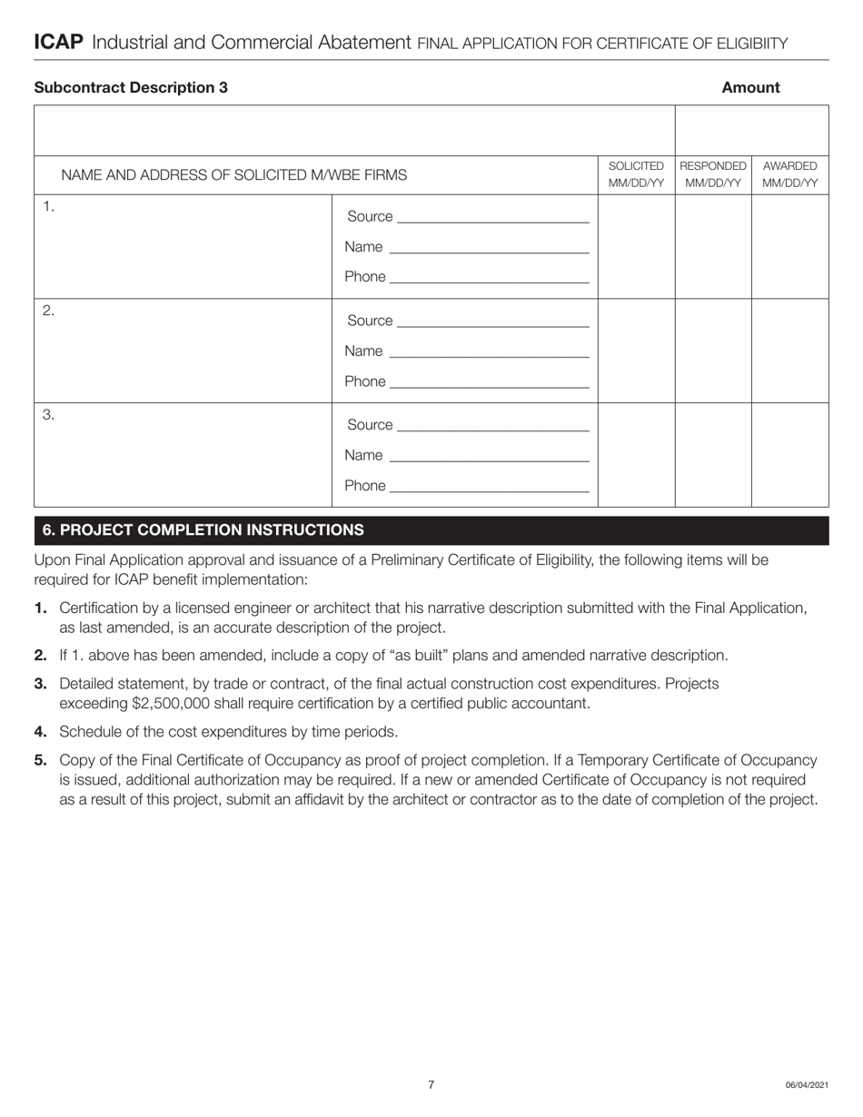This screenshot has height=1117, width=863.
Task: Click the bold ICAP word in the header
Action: pos(58,43)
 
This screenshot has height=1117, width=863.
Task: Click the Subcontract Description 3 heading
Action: pos(131,88)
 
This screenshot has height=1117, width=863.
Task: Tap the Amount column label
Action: pos(750,88)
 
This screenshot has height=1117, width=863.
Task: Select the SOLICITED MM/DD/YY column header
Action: pos(636,174)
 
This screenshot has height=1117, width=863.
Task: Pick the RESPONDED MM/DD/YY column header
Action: pos(713,174)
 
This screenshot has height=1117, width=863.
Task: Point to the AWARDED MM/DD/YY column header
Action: pos(789,174)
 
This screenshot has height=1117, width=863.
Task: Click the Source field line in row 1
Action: pos(493,218)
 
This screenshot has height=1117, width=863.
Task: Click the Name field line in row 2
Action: pos(488,352)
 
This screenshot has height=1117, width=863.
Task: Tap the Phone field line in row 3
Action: pos(489,487)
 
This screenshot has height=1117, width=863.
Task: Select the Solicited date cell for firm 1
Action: pos(636,246)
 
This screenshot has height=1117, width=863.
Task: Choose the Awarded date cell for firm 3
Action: pos(789,455)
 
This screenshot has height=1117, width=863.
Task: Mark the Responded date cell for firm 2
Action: pos(713,351)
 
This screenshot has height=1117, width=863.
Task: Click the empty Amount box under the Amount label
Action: pos(751,131)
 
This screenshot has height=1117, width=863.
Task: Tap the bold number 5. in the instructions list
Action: pos(41,760)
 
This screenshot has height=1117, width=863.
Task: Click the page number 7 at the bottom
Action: pos(431,1084)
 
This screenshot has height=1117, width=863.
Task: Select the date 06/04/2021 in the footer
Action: pos(807,1085)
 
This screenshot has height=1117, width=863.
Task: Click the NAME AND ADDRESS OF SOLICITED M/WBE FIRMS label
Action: pos(233,175)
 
